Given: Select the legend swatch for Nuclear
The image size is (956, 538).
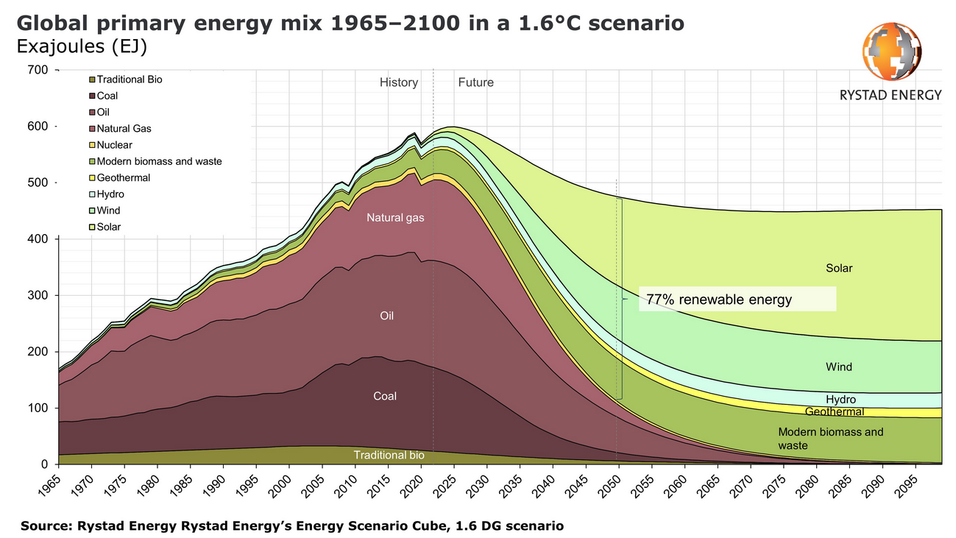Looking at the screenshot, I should click(x=93, y=145).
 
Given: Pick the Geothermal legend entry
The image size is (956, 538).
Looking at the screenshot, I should click(x=123, y=177).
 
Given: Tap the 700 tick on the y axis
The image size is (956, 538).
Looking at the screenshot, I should click(x=38, y=70).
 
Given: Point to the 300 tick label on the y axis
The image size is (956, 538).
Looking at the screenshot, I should click(x=38, y=295).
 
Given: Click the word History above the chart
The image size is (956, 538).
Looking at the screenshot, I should click(x=399, y=82).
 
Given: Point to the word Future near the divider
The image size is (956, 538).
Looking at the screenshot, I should click(x=475, y=82).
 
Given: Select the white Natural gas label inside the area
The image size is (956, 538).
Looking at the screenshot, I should click(x=395, y=218).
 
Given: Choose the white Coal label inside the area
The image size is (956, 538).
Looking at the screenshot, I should click(x=384, y=396).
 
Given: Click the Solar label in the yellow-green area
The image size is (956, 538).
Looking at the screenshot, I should click(x=838, y=269).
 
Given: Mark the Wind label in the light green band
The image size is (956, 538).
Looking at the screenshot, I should click(x=838, y=367).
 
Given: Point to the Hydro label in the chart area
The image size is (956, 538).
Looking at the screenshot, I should click(x=840, y=399).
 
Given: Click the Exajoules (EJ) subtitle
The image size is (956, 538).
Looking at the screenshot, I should click(x=80, y=46).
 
